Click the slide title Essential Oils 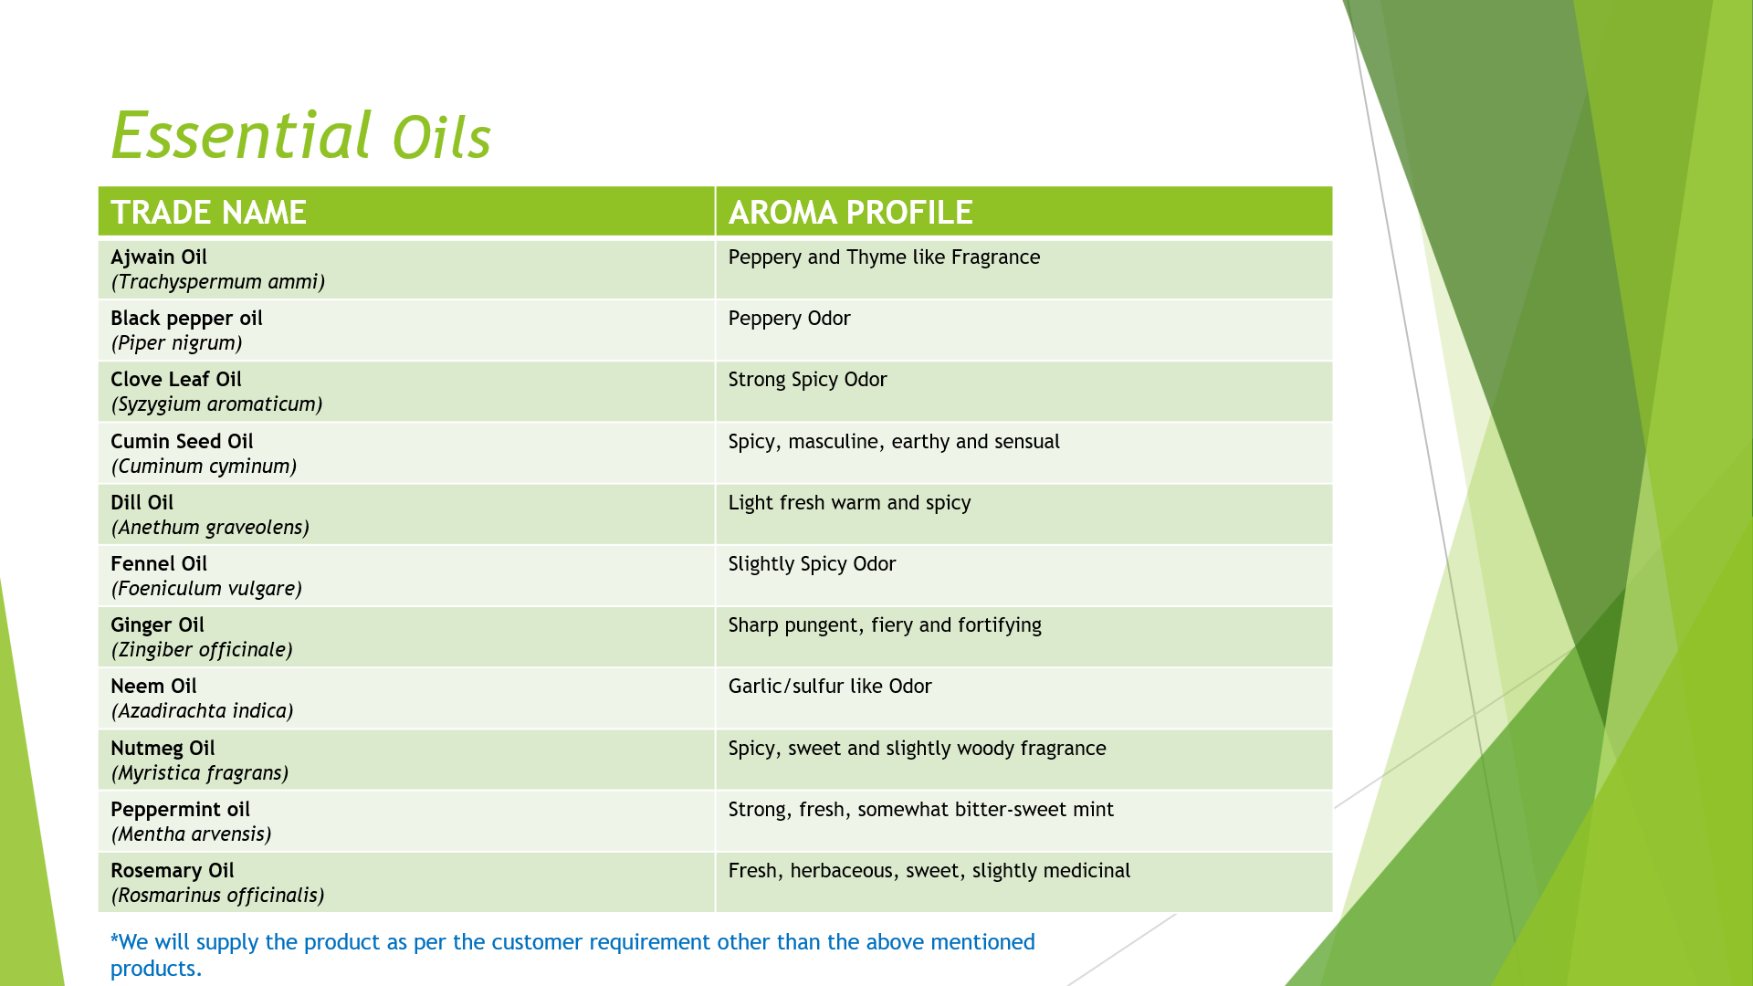pyautogui.click(x=301, y=136)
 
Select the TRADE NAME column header pyautogui.click(x=208, y=213)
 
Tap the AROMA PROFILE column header pyautogui.click(x=850, y=213)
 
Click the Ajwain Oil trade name pyautogui.click(x=159, y=257)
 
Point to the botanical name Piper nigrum pyautogui.click(x=177, y=343)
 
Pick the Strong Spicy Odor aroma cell pyautogui.click(x=807, y=380)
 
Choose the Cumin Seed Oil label pyautogui.click(x=182, y=442)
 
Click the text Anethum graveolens pyautogui.click(x=210, y=528)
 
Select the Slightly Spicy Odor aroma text pyautogui.click(x=812, y=564)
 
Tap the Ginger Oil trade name pyautogui.click(x=157, y=625)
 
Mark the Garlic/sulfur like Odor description pyautogui.click(x=830, y=687)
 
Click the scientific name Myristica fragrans pyautogui.click(x=200, y=773)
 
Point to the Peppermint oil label pyautogui.click(x=180, y=810)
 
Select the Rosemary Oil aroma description pyautogui.click(x=929, y=871)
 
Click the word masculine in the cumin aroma pyautogui.click(x=835, y=442)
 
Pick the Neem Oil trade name pyautogui.click(x=153, y=687)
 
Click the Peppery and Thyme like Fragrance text pyautogui.click(x=884, y=257)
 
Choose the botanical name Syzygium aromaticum pyautogui.click(x=217, y=404)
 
